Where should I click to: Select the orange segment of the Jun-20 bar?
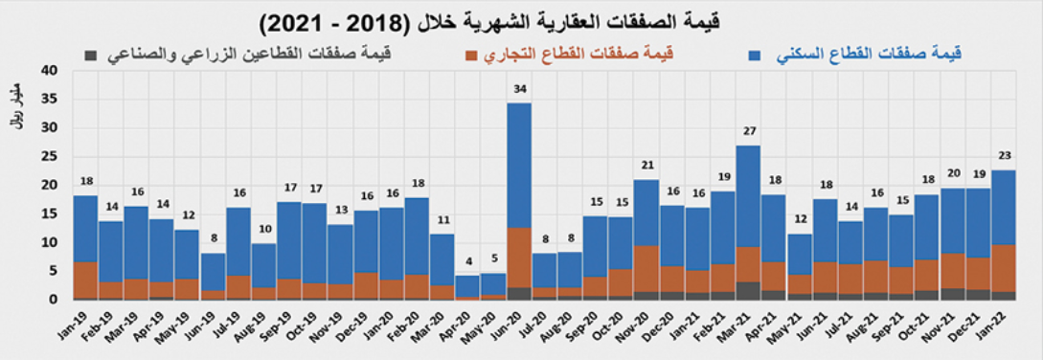pos(519,257)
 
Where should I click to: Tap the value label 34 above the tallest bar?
pos(519,90)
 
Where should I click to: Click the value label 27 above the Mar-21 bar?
pos(748,131)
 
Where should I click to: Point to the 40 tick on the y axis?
pos(51,71)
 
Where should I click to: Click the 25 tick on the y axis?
pos(51,157)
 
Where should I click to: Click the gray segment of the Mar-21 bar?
pos(748,290)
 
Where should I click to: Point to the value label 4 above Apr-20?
pos(468,262)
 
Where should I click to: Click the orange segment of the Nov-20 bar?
pos(646,268)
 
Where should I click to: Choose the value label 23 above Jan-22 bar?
pos(1003,155)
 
